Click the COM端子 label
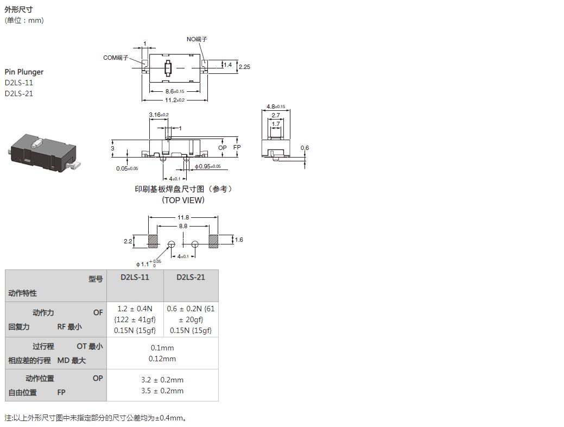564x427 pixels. (x=116, y=58)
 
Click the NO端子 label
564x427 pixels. (x=197, y=39)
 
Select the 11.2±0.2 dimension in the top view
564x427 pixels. (x=175, y=100)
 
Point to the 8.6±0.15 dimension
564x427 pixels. (x=175, y=91)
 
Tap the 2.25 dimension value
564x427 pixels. (x=244, y=67)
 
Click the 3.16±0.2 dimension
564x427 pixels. (x=159, y=115)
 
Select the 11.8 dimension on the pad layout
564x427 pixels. (x=183, y=217)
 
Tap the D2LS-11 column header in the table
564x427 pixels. (x=135, y=277)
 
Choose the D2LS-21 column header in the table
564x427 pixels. (x=191, y=277)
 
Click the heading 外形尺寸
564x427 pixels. (x=18, y=9)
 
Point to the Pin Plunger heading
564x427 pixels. (x=24, y=72)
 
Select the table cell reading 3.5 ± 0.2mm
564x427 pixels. (x=162, y=391)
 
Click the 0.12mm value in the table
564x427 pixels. (x=162, y=359)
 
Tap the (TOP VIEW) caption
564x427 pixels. (x=183, y=200)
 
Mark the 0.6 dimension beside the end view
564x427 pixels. (x=305, y=148)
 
